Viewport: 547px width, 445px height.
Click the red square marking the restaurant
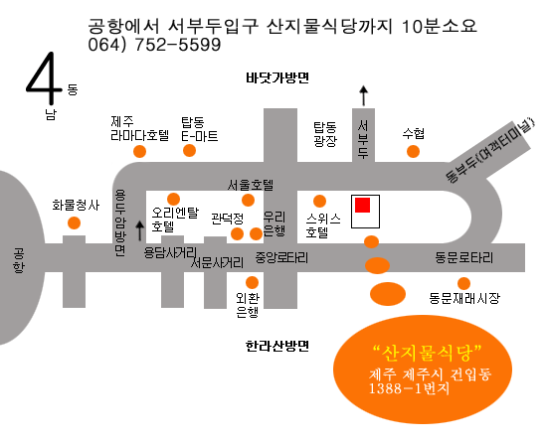coord(362,205)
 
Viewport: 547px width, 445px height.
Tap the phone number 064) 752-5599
coord(154,45)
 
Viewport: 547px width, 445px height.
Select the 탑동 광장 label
coord(325,134)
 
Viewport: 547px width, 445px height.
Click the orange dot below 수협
coord(413,152)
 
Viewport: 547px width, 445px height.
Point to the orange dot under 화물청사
coord(74,222)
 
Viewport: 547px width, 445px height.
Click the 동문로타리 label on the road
coord(464,258)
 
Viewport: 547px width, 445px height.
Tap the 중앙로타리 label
coord(281,258)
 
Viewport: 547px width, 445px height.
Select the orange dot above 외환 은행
coord(252,283)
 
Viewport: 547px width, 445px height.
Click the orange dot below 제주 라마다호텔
coord(139,152)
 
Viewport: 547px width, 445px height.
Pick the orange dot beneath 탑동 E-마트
coord(189,151)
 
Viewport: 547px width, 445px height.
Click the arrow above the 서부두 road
coord(364,95)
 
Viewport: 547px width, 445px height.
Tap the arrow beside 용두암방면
coord(140,230)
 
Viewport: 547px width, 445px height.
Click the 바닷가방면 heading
coord(277,77)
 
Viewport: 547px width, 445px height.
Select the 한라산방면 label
coord(277,346)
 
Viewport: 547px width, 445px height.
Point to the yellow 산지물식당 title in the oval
coord(428,354)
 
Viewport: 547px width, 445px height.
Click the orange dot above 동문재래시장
coord(463,283)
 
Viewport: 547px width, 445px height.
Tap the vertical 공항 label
coord(19,260)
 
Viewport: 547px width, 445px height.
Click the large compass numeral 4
coord(43,78)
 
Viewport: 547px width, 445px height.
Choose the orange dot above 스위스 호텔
coord(319,201)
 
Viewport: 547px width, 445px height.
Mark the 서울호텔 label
coord(251,185)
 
